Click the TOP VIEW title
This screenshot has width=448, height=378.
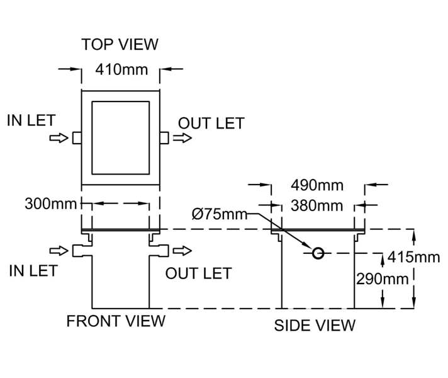pos(120,44)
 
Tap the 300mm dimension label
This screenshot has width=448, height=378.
pos(50,203)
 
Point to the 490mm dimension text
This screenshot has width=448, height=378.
pos(317,185)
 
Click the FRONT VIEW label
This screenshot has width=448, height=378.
pos(116,321)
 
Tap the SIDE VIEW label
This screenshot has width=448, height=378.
pos(315,325)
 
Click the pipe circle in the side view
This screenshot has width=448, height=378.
pos(318,253)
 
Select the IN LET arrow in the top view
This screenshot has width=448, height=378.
pos(59,137)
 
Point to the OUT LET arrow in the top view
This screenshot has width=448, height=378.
pos(183,137)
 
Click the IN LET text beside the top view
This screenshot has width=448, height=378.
pos(31,120)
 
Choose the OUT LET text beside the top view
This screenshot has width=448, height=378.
pos(211,123)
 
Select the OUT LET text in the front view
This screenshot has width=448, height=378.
pos(198,273)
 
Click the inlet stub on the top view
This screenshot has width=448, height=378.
pos(77,137)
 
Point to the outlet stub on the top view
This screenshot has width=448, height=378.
pos(164,137)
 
